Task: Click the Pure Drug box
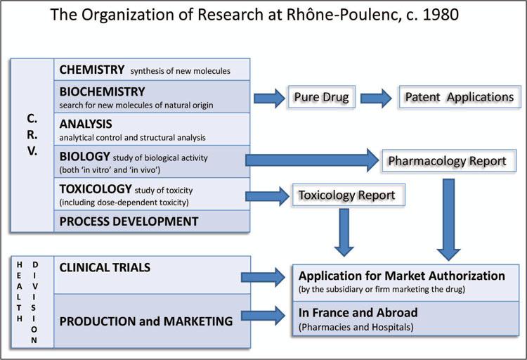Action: coord(318,96)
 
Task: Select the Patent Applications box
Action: coord(460,96)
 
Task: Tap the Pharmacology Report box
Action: coord(447,161)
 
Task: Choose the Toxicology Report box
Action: coord(347,195)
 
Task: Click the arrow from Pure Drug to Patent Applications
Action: coord(376,97)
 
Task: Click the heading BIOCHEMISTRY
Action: coord(103,91)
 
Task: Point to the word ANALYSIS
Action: coord(86,124)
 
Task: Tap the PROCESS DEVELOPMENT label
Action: coord(129,221)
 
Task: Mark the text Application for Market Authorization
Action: coord(402,275)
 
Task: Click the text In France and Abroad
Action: coord(358,312)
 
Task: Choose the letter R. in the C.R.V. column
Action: coord(32,134)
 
